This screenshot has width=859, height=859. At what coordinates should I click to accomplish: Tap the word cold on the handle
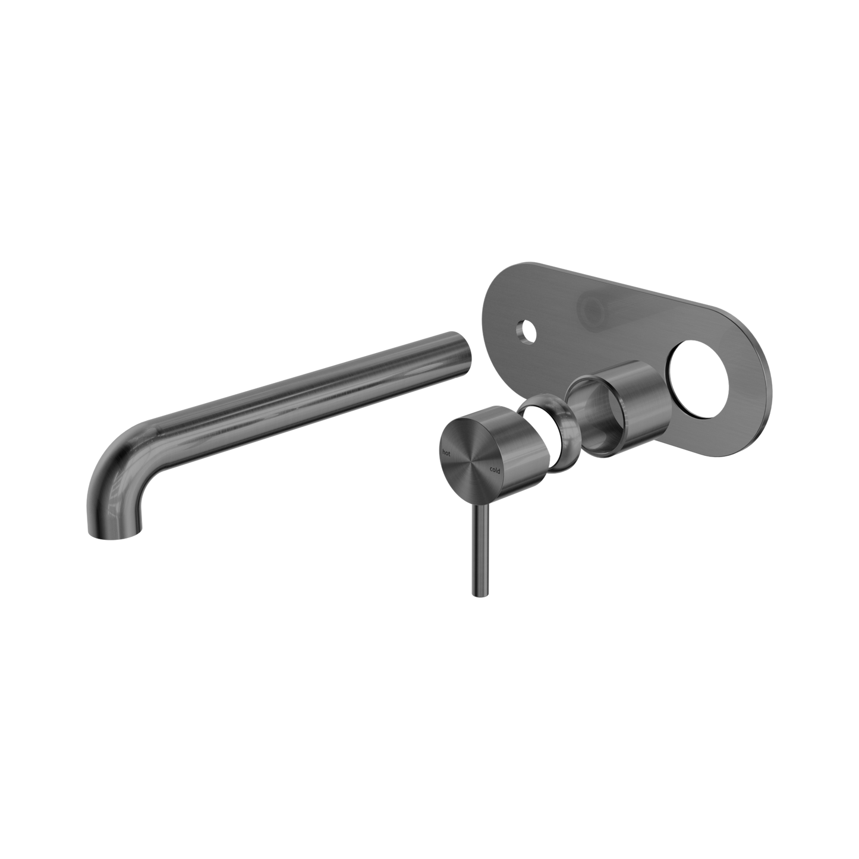494,470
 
